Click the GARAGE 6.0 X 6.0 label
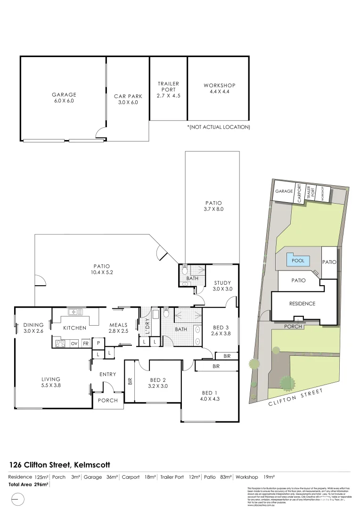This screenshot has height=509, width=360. pyautogui.click(x=64, y=98)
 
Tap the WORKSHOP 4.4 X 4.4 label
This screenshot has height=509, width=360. pyautogui.click(x=219, y=88)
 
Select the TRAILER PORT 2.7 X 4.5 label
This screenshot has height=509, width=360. pyautogui.click(x=168, y=90)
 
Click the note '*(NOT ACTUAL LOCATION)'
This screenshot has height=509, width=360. pyautogui.click(x=218, y=127)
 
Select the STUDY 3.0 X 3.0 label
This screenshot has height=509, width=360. pyautogui.click(x=222, y=286)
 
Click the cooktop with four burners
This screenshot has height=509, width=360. pyautogui.click(x=60, y=344)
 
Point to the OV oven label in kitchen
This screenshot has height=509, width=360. pyautogui.click(x=74, y=344)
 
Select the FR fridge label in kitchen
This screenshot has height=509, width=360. pyautogui.click(x=86, y=344)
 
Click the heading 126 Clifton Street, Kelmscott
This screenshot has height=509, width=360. pyautogui.click(x=59, y=465)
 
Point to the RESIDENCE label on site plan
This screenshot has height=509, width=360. pyautogui.click(x=302, y=304)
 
